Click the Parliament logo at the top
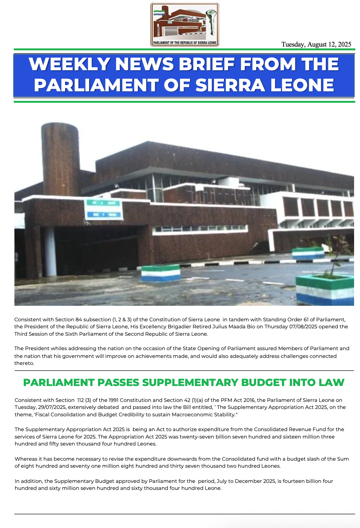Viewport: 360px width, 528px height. point(184,24)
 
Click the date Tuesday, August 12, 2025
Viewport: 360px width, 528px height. point(316,44)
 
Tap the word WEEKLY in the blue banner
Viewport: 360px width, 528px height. point(69,64)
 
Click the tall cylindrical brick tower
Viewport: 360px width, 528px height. point(60,159)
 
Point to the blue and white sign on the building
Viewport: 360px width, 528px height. point(103,209)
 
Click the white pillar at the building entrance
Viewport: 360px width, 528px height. point(50,251)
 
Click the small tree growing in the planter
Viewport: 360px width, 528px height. point(336,255)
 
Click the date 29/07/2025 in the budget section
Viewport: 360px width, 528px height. point(52,407)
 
